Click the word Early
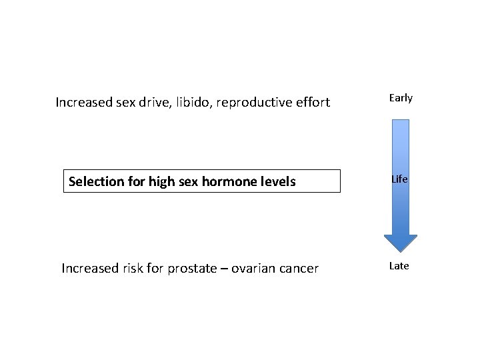coord(401,98)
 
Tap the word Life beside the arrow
coord(400,180)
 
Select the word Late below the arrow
coord(399,266)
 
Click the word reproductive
coord(259,103)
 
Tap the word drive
coord(158,103)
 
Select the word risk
coord(131,269)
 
